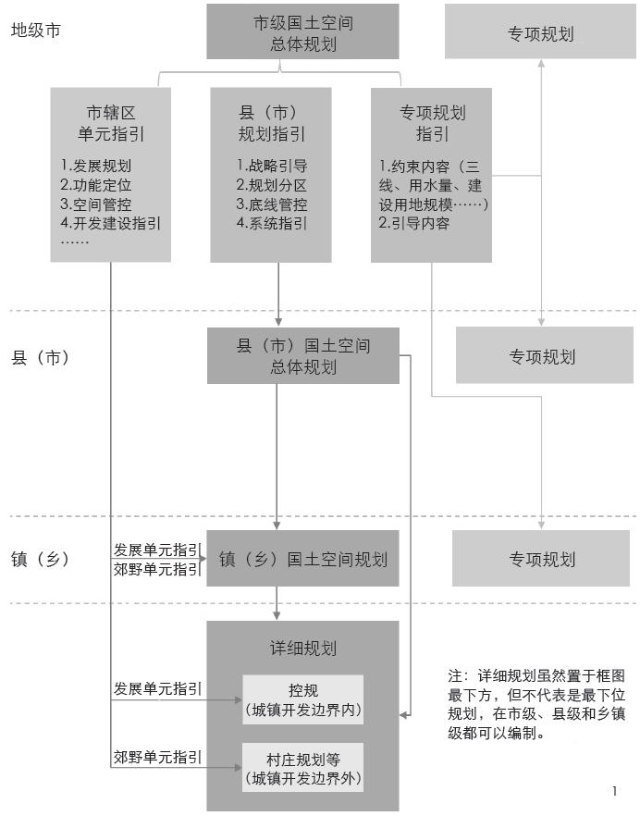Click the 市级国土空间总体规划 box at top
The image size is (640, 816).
302,32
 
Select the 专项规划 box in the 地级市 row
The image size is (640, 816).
540,33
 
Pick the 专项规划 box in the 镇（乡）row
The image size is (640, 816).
542,559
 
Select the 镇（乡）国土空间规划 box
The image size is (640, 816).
302,559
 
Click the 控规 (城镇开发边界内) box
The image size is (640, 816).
302,700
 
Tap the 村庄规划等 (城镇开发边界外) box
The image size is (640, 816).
302,767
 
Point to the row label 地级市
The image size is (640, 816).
36,30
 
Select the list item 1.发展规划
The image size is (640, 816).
96,167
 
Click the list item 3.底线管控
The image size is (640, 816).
272,204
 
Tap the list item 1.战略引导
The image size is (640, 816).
272,167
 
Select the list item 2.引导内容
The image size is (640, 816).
414,223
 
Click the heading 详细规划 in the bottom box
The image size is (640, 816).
302,650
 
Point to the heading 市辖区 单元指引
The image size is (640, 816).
110,123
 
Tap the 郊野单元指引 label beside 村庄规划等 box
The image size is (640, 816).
157,756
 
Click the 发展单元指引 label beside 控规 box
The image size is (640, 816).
157,689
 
